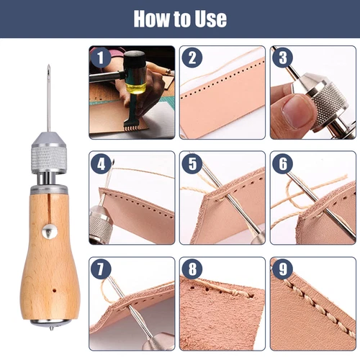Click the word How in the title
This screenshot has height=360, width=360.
(153, 19)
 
